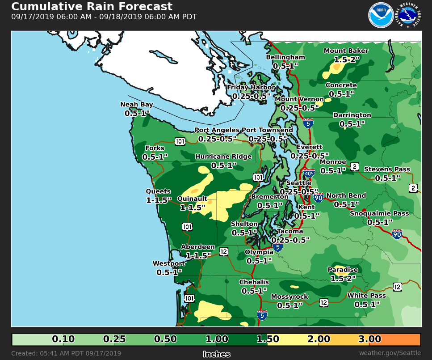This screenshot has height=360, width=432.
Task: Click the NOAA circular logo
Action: (381, 16)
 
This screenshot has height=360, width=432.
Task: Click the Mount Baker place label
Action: (346, 51)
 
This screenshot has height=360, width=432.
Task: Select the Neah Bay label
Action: (137, 105)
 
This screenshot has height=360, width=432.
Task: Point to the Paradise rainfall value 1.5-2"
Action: (343, 278)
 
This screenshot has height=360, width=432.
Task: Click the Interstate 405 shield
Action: (309, 173)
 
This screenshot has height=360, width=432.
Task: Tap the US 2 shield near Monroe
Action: (354, 167)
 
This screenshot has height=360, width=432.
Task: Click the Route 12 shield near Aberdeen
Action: (224, 251)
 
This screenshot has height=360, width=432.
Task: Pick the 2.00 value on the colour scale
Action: (319, 339)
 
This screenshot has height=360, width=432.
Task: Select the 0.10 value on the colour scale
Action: (63, 339)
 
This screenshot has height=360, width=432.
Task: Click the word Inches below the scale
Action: (217, 354)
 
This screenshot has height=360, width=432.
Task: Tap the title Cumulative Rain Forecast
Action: (92, 7)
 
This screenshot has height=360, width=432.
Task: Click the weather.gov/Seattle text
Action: (390, 353)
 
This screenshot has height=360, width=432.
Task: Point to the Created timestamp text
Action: (66, 353)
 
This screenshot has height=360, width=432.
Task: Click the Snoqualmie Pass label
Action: (379, 213)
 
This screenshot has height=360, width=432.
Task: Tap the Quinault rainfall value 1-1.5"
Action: (193, 208)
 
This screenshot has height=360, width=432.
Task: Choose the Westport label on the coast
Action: (169, 263)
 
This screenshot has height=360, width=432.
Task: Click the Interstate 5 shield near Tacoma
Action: (278, 247)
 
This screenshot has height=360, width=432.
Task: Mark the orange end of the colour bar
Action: (409, 339)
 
